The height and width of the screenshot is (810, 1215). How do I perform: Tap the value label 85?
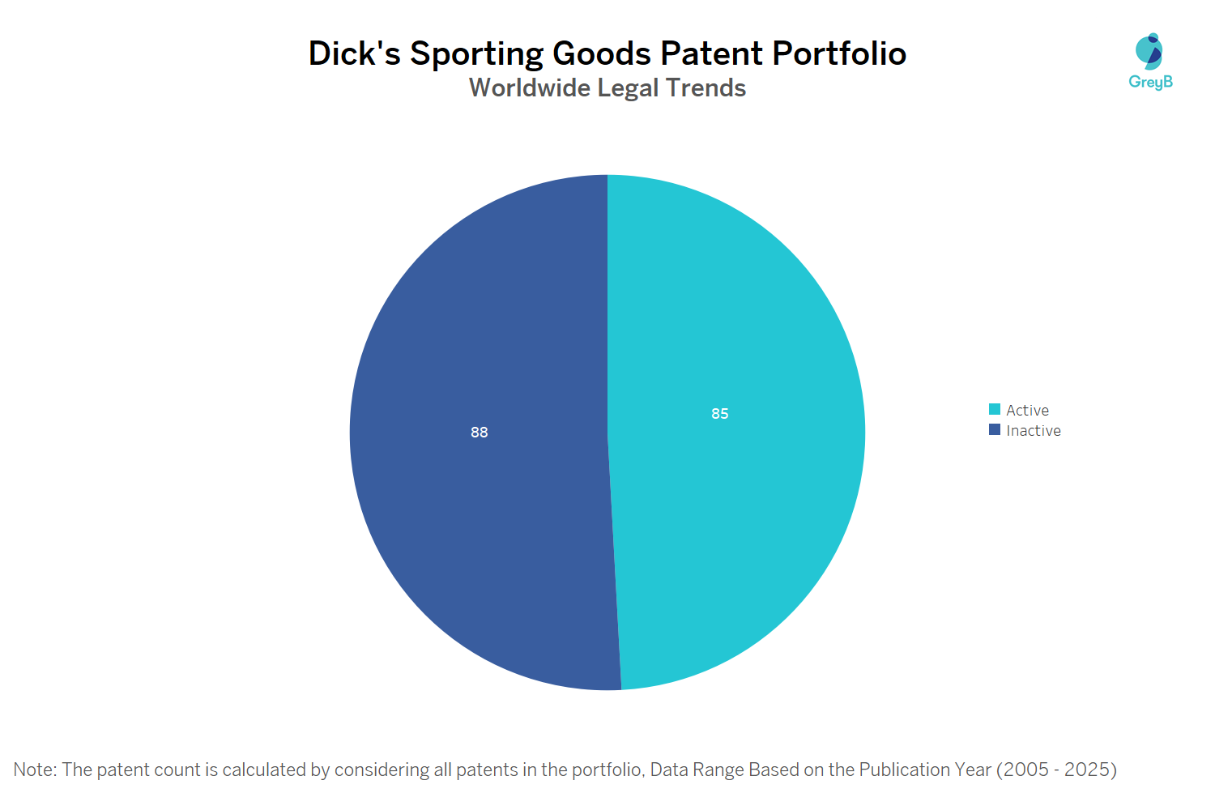720,414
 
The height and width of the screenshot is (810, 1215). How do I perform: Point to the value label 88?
480,433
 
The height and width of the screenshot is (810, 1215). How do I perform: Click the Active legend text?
1027,411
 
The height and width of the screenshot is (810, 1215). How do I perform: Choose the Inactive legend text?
1034,431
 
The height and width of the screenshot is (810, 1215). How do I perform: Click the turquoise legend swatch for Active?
995,409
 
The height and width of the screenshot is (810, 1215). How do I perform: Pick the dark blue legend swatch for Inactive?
995,429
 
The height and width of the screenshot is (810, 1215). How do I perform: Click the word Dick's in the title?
354,53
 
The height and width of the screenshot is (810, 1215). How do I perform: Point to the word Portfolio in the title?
839,53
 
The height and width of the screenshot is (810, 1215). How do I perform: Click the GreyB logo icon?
1149,51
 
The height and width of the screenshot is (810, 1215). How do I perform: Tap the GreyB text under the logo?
1150,82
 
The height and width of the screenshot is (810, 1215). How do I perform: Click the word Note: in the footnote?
35,769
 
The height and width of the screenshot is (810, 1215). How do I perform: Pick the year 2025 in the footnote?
1086,769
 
